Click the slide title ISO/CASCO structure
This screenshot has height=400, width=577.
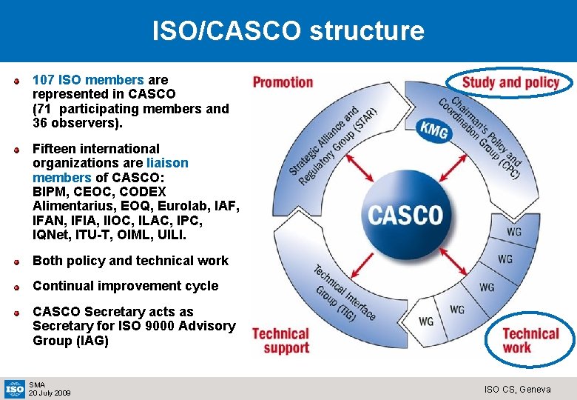point(288,30)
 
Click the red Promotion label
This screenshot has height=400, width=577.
point(283,82)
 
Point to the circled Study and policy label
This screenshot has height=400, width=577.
point(510,82)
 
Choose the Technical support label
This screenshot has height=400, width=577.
point(280,341)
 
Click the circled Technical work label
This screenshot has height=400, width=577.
point(531,340)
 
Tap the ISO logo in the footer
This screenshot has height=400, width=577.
point(15,387)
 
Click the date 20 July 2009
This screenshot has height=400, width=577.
point(50,393)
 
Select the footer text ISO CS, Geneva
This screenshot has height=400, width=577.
point(517,389)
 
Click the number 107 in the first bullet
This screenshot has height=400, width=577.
point(44,80)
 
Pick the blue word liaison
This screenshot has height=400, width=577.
point(167,163)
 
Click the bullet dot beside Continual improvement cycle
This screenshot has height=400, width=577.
point(16,286)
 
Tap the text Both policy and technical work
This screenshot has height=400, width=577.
point(130,261)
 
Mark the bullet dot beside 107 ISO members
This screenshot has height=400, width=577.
point(16,80)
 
